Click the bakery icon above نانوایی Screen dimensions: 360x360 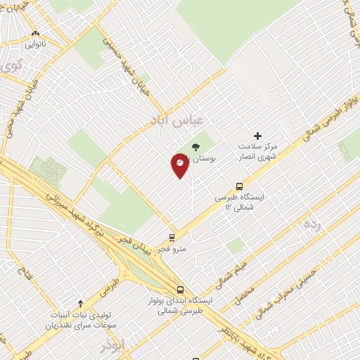tap(36, 33)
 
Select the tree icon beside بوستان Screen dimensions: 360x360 tap(195, 147)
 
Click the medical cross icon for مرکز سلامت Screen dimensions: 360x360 tap(257, 136)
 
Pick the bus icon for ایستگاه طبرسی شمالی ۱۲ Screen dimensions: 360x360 tap(240, 186)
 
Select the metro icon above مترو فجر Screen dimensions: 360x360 tap(172, 238)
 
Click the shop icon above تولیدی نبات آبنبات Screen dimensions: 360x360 tap(80, 303)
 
